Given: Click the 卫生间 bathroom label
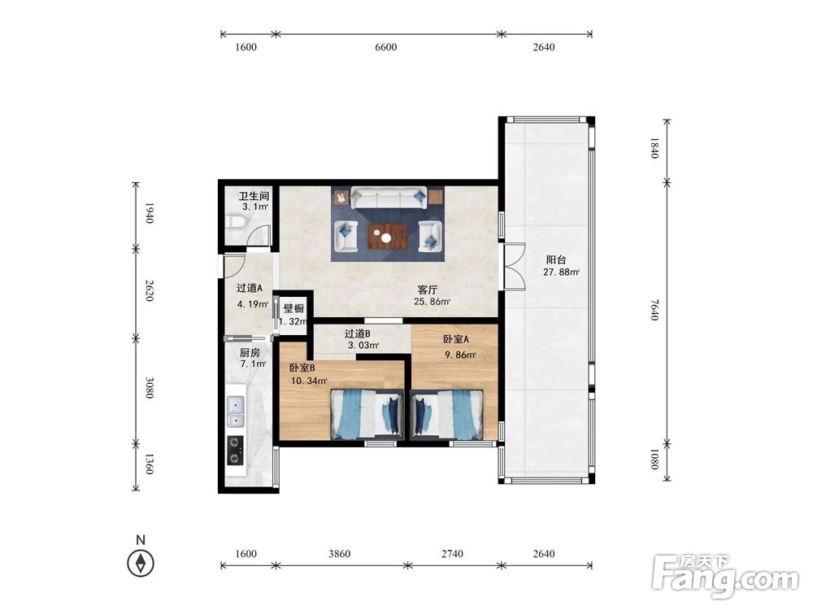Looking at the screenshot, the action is (x=254, y=196).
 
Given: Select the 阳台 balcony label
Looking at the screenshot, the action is (x=556, y=260).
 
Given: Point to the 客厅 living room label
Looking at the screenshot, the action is (x=428, y=290).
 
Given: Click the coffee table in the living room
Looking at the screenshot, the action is (x=387, y=237).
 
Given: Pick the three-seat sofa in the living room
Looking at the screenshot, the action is (x=389, y=198).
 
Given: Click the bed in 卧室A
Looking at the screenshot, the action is (x=447, y=415).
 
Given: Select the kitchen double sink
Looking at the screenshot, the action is (x=236, y=412).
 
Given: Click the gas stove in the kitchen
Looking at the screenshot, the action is (x=236, y=451).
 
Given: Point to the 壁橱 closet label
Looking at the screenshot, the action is (x=293, y=308).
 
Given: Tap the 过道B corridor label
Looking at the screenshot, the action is (x=357, y=333).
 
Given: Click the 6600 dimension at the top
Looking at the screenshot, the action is (x=385, y=47).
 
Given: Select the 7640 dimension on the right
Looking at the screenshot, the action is (x=654, y=310).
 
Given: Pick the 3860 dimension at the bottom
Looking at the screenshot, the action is (x=339, y=554).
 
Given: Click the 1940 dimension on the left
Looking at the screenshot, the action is (x=149, y=213).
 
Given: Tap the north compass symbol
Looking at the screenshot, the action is (x=141, y=563).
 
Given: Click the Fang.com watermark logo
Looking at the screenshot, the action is (x=726, y=577).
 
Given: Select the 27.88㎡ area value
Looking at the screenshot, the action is (x=561, y=272).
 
